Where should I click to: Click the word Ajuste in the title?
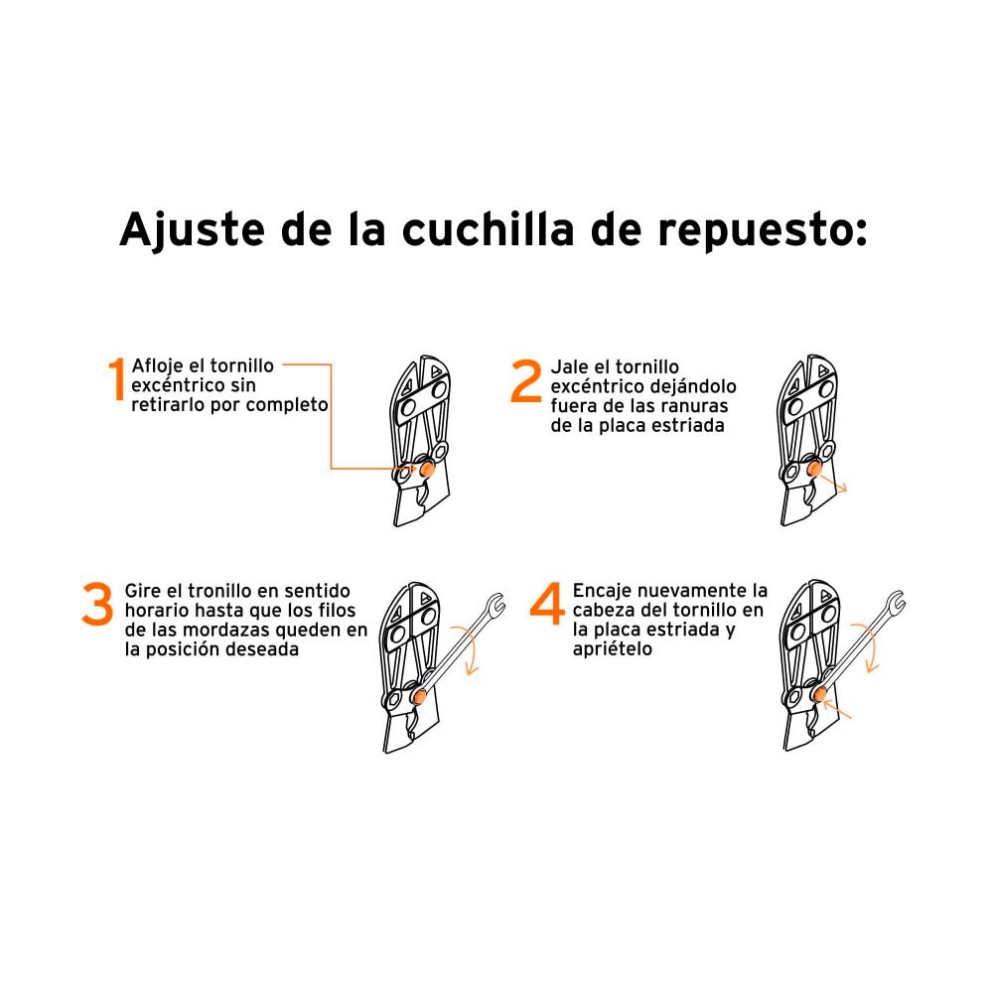(x=192, y=229)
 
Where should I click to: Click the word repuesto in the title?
(x=763, y=231)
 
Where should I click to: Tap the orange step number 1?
(x=116, y=379)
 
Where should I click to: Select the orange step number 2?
(x=526, y=380)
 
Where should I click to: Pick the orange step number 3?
(x=97, y=604)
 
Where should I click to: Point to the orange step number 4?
(x=547, y=604)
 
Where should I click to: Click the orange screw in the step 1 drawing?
(x=427, y=470)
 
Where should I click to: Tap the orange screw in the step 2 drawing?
(x=814, y=470)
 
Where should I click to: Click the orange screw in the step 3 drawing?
(x=419, y=697)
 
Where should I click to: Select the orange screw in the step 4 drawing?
(x=820, y=694)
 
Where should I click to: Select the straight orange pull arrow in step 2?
(x=833, y=484)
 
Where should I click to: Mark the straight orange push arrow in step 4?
(x=838, y=709)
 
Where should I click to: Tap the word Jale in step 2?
(x=571, y=366)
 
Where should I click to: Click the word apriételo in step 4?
(x=613, y=649)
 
